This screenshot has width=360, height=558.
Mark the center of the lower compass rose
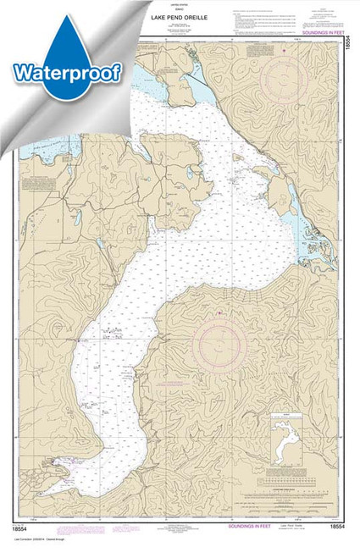click(219, 345)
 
